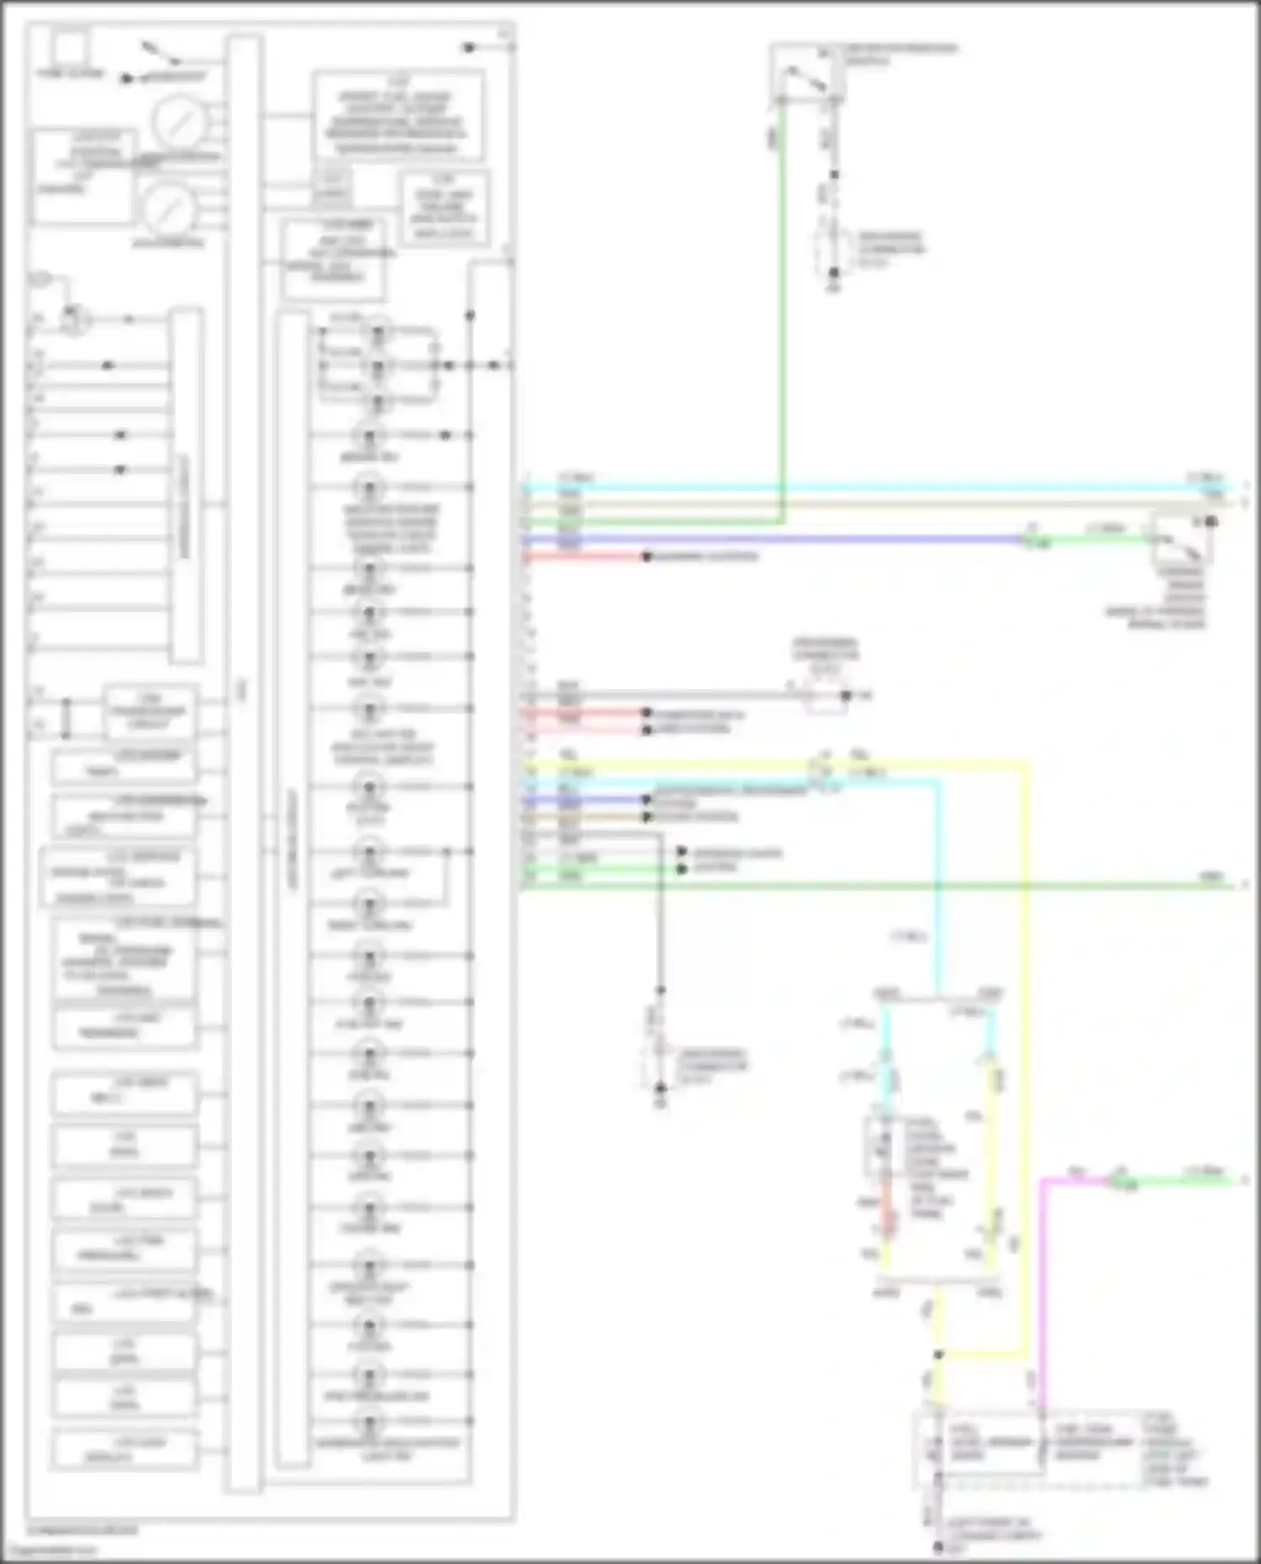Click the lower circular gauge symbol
(x=167, y=208)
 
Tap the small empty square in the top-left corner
(x=71, y=47)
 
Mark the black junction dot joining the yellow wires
(x=939, y=1355)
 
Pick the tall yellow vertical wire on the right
(x=1026, y=1051)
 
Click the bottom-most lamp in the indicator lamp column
(x=369, y=1424)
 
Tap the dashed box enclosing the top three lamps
(x=378, y=366)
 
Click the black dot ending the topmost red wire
(x=646, y=556)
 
